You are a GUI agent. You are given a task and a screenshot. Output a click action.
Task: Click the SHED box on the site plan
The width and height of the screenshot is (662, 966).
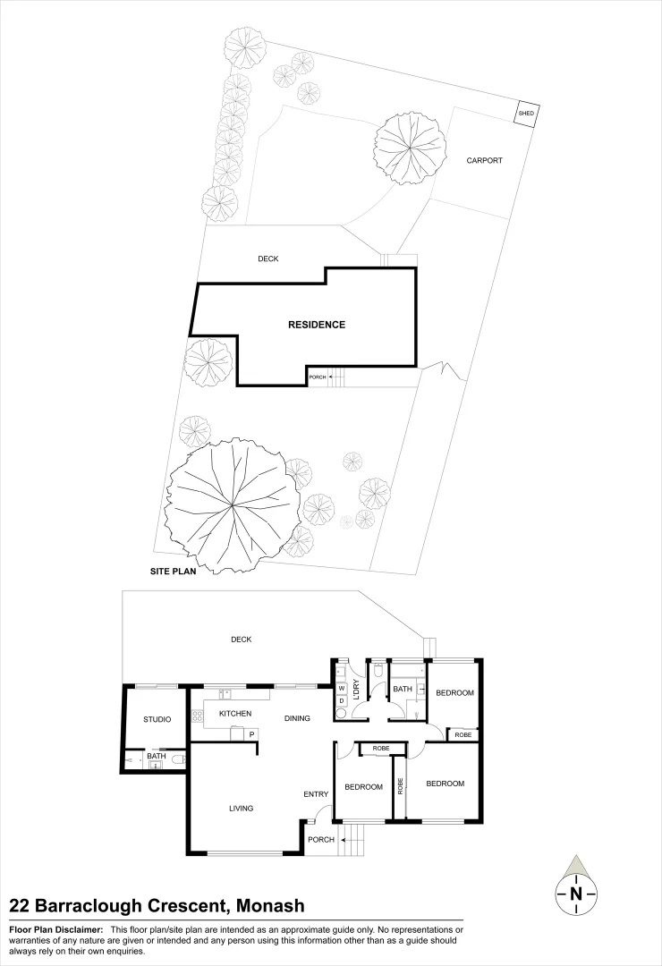click(527, 114)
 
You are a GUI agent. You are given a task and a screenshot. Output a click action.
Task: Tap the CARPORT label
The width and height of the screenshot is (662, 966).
click(484, 161)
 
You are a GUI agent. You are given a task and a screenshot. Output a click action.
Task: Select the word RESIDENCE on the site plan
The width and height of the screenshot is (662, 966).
click(316, 325)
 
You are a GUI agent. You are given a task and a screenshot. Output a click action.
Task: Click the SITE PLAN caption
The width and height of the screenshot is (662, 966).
click(173, 569)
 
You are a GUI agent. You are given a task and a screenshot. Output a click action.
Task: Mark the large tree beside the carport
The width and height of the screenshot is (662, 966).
click(410, 148)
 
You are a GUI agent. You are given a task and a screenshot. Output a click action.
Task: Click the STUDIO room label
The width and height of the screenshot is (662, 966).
click(157, 719)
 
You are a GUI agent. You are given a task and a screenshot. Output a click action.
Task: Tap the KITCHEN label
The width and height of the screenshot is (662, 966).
click(235, 714)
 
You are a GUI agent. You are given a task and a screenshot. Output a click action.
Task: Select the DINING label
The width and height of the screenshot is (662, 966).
click(297, 717)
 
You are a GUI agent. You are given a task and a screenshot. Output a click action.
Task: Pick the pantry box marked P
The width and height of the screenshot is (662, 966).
click(251, 734)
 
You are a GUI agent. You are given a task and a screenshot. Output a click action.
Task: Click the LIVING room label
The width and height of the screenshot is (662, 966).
click(241, 809)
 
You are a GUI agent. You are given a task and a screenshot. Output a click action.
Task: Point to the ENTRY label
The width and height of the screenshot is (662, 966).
click(316, 794)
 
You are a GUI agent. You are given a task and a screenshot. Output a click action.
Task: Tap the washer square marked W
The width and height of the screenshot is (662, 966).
click(341, 688)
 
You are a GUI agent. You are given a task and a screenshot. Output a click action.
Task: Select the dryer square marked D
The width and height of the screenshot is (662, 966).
click(341, 700)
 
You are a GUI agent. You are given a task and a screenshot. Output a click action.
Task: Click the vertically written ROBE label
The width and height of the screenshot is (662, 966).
click(400, 787)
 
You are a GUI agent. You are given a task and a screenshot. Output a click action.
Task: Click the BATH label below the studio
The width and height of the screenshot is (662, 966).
click(157, 757)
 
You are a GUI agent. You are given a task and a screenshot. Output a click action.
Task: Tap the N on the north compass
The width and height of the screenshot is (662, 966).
click(576, 894)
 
